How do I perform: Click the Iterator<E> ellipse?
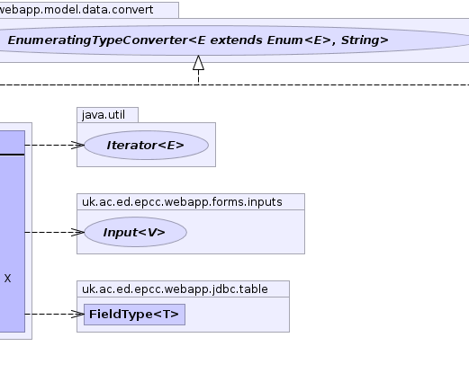(147, 146)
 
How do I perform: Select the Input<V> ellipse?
(136, 232)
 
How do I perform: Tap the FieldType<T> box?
(134, 315)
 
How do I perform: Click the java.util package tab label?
(104, 115)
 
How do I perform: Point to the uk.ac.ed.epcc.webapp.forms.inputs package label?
(182, 202)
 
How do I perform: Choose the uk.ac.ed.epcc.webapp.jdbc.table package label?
(175, 289)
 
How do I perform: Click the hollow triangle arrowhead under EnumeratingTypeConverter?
(198, 63)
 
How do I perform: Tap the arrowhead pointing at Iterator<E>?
(77, 146)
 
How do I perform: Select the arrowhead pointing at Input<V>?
(77, 232)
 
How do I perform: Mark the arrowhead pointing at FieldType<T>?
(77, 314)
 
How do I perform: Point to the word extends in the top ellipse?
(236, 40)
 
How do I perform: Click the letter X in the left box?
(7, 279)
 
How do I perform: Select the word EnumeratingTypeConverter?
(97, 40)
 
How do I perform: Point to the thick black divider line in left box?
(13, 155)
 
